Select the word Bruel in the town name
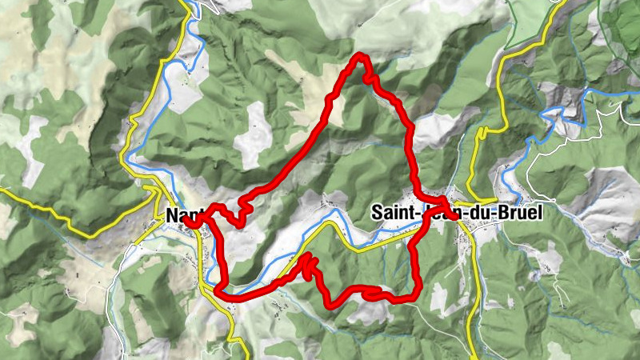click(518, 214)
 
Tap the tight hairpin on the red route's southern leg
click(307, 259)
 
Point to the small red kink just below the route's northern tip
click(371, 79)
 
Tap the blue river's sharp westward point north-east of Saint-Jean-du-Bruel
click(545, 117)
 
